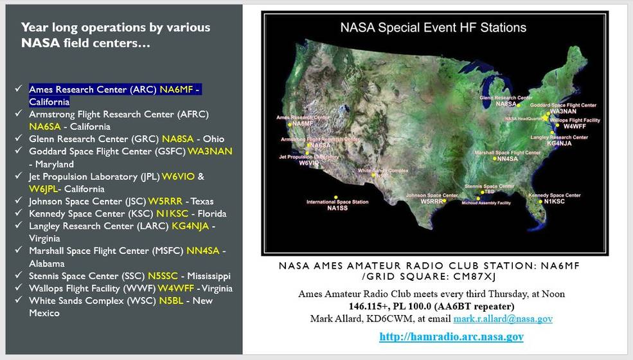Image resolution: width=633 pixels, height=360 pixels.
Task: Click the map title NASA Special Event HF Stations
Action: pyautogui.click(x=432, y=28)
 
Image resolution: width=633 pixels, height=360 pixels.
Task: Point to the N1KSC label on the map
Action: pyautogui.click(x=553, y=201)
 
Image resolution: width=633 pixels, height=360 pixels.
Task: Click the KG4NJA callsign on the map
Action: pyautogui.click(x=559, y=143)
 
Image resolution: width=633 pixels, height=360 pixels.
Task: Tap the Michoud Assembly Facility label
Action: pyautogui.click(x=486, y=203)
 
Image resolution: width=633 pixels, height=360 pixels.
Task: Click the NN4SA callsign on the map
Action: pyautogui.click(x=507, y=159)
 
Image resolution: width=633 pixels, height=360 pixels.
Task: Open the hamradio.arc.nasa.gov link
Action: pyautogui.click(x=451, y=336)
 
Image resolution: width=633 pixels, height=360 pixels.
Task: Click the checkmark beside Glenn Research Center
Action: pyautogui.click(x=18, y=139)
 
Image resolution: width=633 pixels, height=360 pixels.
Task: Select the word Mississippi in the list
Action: pyautogui.click(x=212, y=276)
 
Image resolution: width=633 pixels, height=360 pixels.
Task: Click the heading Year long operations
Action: pyautogui.click(x=116, y=28)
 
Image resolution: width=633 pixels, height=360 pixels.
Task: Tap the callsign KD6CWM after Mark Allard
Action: pyautogui.click(x=404, y=319)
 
